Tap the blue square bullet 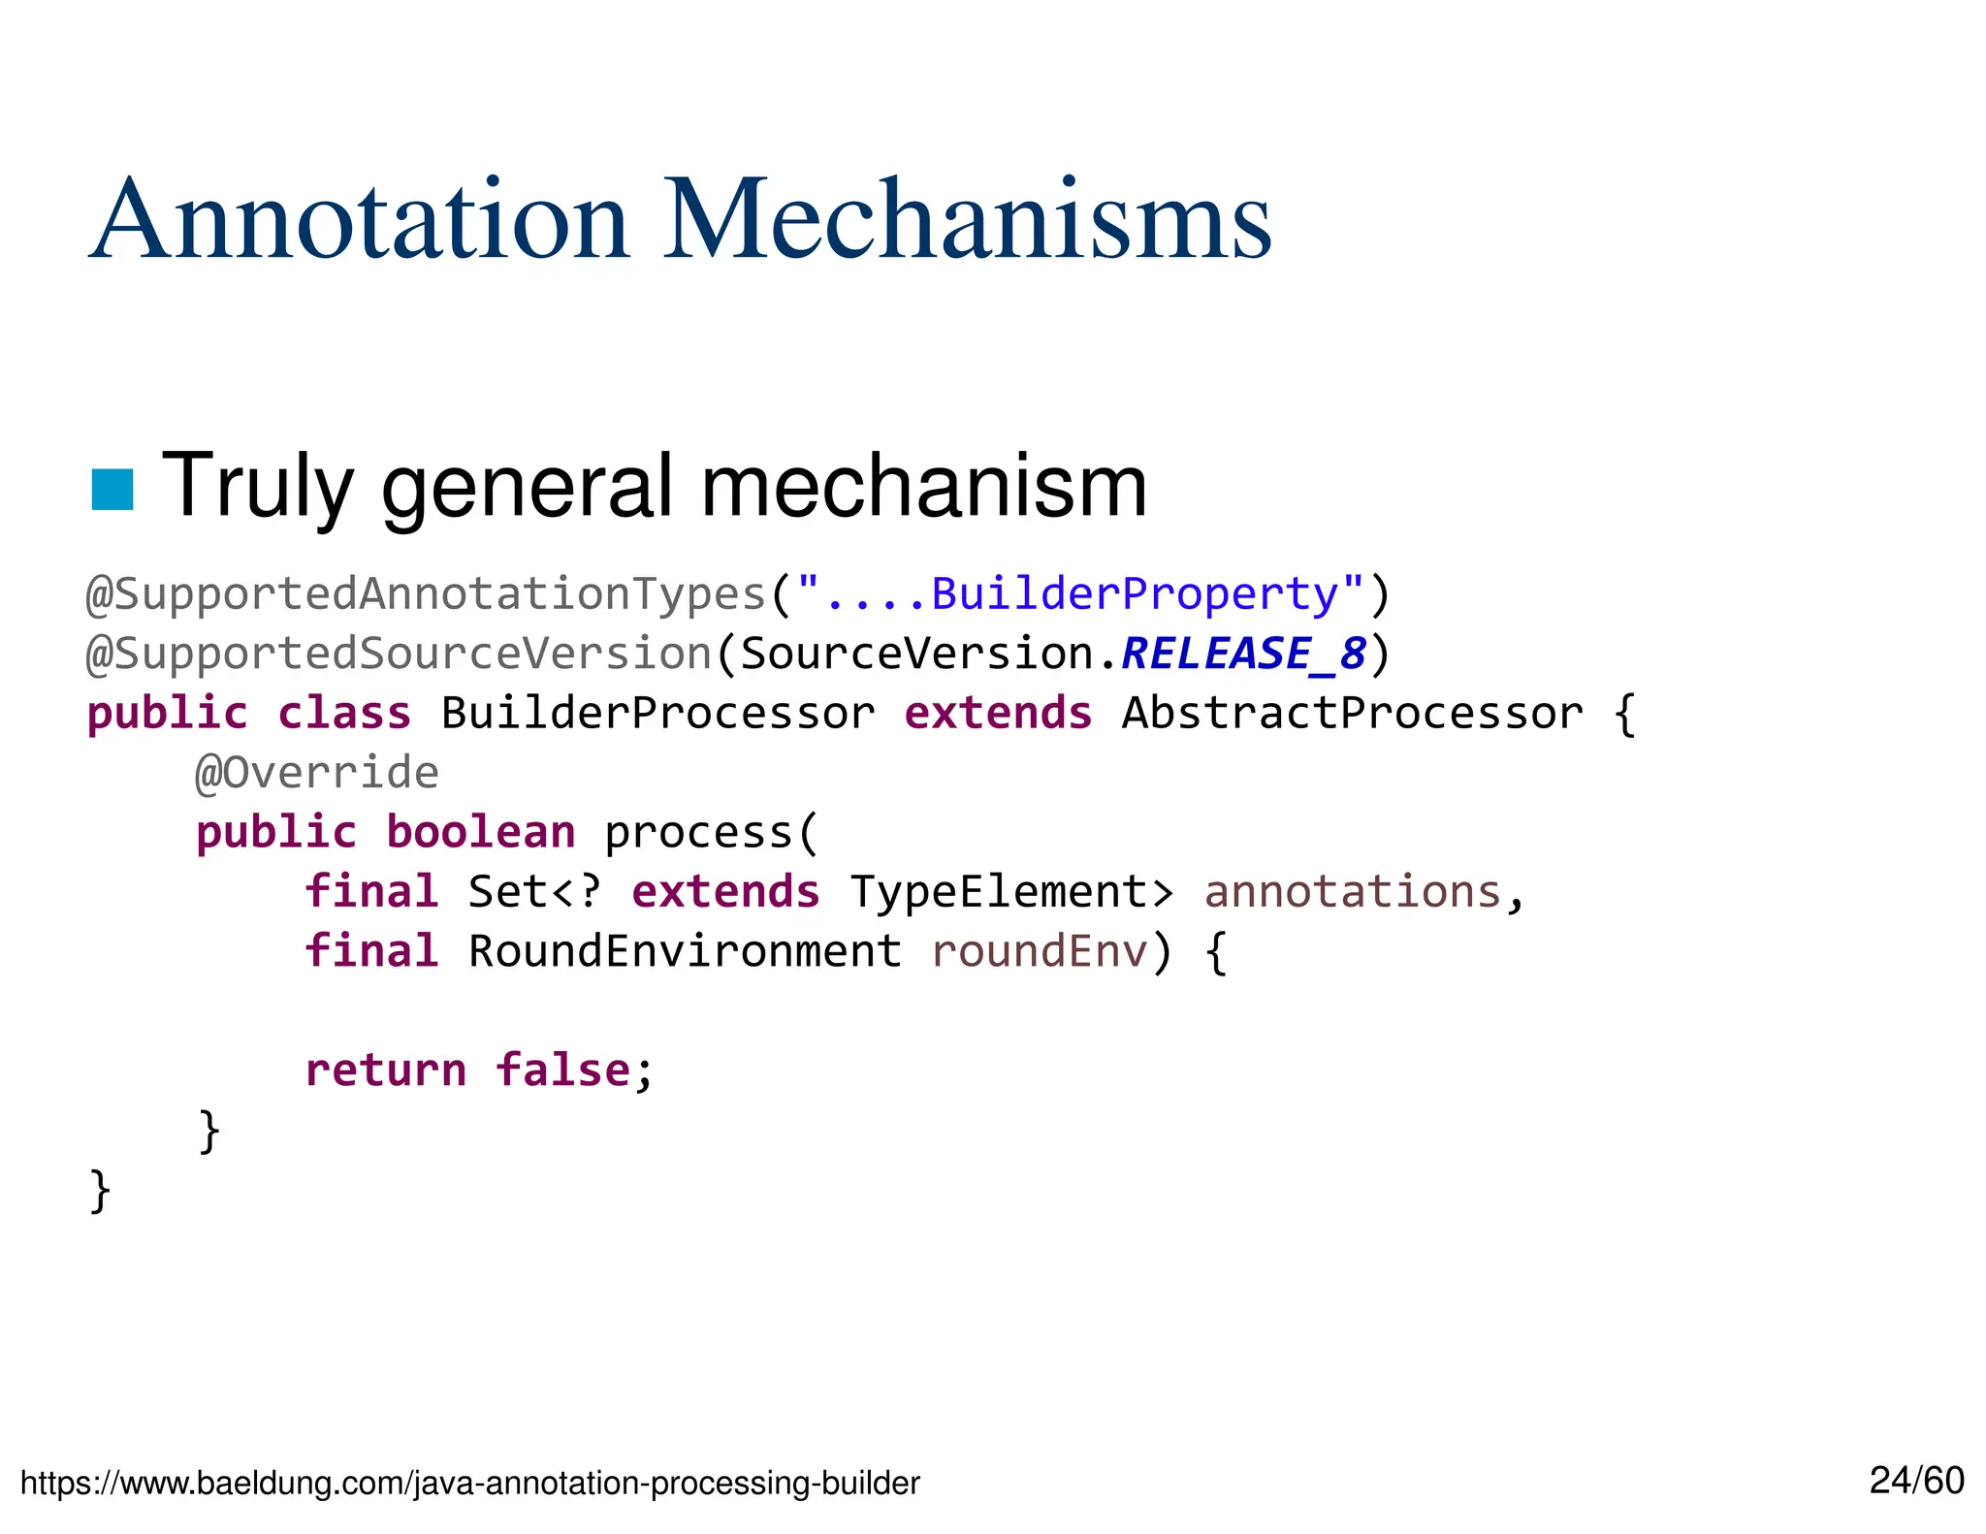point(112,489)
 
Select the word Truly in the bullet point(257,487)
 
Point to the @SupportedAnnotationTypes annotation point(427,593)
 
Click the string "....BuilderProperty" point(1080,593)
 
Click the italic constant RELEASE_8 point(1243,654)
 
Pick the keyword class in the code point(344,714)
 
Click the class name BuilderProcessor point(657,714)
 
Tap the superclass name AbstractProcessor point(1352,714)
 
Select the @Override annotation point(317,773)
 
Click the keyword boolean point(481,833)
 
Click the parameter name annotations point(1352,892)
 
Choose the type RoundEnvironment point(685,951)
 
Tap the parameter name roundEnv point(1040,951)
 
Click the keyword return point(386,1071)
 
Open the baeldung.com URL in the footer point(470,1483)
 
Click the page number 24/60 point(1916,1481)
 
